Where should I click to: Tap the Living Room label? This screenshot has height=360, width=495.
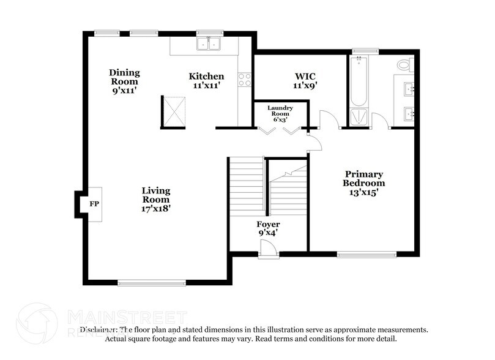[x=156, y=199]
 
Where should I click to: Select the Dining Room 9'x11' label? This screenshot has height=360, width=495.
[x=124, y=81]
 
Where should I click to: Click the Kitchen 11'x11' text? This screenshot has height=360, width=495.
[x=206, y=81]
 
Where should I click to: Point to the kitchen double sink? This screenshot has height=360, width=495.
[x=209, y=44]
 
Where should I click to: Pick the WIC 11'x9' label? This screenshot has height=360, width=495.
[x=305, y=81]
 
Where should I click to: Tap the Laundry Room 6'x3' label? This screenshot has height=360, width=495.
[x=280, y=114]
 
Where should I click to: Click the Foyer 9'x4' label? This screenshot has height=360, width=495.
[x=268, y=228]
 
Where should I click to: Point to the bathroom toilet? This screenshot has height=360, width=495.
[x=403, y=64]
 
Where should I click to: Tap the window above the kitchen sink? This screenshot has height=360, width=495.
[x=209, y=32]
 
